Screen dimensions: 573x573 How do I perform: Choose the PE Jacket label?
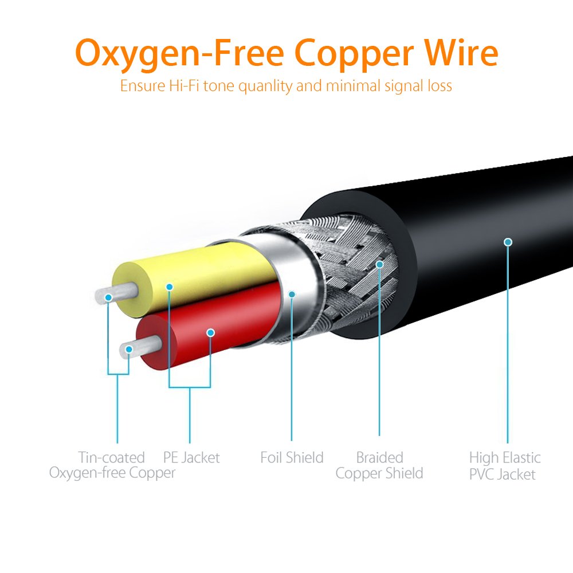point(191,457)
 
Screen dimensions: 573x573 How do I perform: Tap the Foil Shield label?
point(292,457)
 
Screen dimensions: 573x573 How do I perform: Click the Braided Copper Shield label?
point(379,465)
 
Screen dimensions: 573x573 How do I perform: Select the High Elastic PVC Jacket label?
point(504,465)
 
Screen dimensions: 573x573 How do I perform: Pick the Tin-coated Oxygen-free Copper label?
point(112,465)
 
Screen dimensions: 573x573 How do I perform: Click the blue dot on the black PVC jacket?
point(507,242)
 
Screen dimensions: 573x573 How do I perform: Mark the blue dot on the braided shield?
point(379,264)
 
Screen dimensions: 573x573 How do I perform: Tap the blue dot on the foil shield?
point(292,294)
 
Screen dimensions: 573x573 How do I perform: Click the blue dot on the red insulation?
point(210,332)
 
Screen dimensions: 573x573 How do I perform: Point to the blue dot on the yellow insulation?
point(169,286)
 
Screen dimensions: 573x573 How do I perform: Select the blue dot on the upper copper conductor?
point(108,297)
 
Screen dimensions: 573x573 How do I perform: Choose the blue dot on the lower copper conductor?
point(129,349)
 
